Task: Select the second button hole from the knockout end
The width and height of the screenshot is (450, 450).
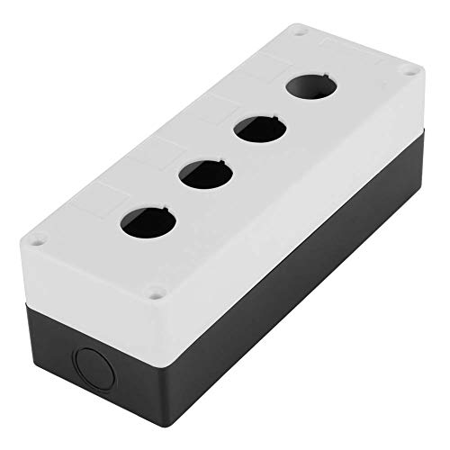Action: pos(203,173)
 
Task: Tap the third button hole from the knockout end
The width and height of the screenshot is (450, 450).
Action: pos(256,130)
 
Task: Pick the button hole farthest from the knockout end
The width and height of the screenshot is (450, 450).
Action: pos(305,89)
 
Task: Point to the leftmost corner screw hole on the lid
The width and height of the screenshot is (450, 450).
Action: pos(39,239)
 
